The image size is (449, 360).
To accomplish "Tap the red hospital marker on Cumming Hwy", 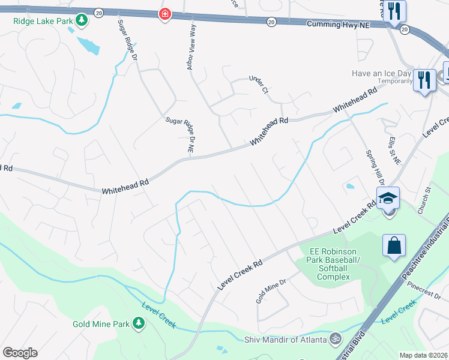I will coord(164,14).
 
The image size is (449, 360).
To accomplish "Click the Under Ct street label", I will coord(259,85).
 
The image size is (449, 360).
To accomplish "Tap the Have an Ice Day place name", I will coord(382,73).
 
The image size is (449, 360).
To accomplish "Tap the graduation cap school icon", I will coord(388,197).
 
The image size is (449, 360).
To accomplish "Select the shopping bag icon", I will coord(394,245).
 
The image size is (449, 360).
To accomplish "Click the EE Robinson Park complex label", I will coord(333,264).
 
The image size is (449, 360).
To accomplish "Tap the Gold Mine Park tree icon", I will coord(139,324).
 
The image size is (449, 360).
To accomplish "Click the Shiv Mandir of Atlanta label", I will coord(285,340).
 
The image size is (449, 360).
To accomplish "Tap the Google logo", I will coord(20,353).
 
